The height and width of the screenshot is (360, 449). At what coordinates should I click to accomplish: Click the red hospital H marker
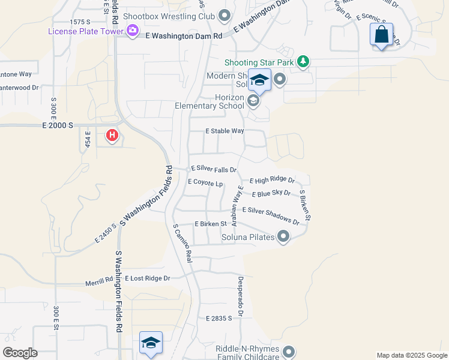click(x=112, y=136)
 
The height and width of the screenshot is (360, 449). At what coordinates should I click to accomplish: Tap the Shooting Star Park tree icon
click(x=304, y=61)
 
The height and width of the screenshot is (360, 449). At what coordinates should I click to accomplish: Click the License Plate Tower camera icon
click(x=133, y=31)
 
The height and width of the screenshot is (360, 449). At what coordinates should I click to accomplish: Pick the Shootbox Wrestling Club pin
click(x=225, y=16)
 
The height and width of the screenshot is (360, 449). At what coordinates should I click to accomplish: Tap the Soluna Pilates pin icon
click(x=283, y=238)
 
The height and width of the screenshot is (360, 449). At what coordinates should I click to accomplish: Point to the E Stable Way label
click(x=224, y=131)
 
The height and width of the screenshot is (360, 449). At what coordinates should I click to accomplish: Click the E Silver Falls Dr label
click(x=214, y=170)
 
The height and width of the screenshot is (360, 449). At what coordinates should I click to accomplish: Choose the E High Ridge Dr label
click(x=272, y=180)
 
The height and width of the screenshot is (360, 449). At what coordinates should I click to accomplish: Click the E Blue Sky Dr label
click(x=271, y=194)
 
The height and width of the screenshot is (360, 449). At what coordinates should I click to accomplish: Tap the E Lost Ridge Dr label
click(x=148, y=278)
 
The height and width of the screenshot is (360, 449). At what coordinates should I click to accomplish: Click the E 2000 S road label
click(x=58, y=125)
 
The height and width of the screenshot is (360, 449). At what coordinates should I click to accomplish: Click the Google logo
click(x=20, y=353)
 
